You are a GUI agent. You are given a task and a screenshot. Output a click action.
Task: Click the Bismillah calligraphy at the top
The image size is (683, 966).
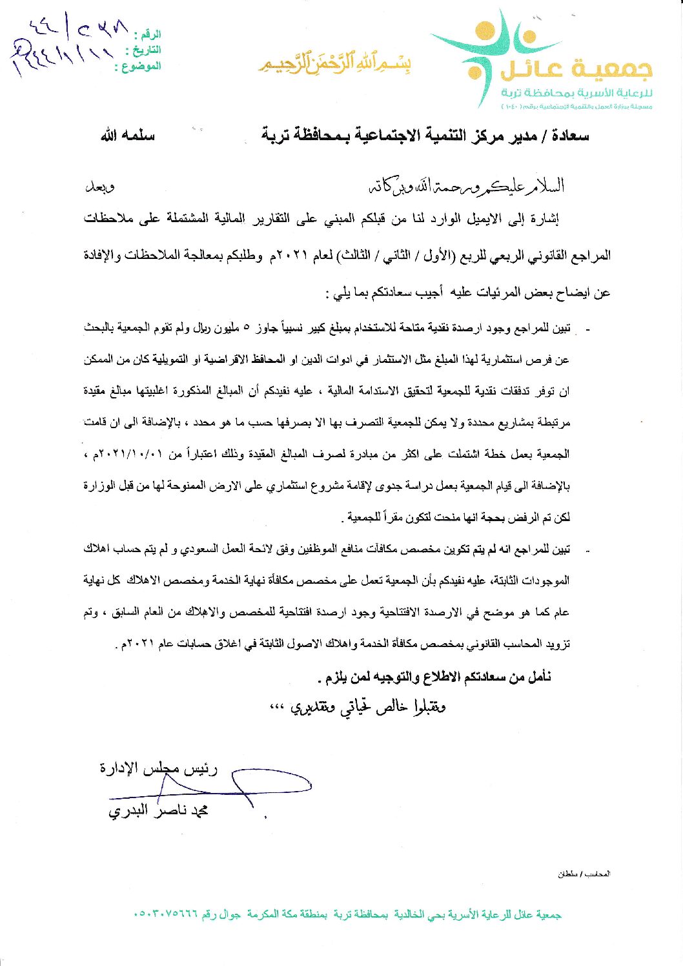pyautogui.click(x=335, y=63)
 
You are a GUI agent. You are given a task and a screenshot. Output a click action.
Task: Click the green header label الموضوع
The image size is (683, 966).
pyautogui.click(x=138, y=66)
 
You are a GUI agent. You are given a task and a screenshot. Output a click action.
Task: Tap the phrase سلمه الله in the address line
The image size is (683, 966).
pyautogui.click(x=128, y=136)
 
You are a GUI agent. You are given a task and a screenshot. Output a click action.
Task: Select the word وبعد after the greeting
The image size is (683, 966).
pyautogui.click(x=100, y=187)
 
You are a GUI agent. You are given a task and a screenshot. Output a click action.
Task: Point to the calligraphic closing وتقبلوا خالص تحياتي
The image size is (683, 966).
pyautogui.click(x=358, y=707)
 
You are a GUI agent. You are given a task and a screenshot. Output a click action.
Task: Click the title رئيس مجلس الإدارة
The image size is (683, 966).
pyautogui.click(x=159, y=768)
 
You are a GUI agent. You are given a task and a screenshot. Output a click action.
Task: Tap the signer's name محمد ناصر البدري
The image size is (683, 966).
pyautogui.click(x=158, y=810)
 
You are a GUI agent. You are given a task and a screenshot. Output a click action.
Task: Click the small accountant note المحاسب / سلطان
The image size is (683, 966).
pyautogui.click(x=584, y=874)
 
